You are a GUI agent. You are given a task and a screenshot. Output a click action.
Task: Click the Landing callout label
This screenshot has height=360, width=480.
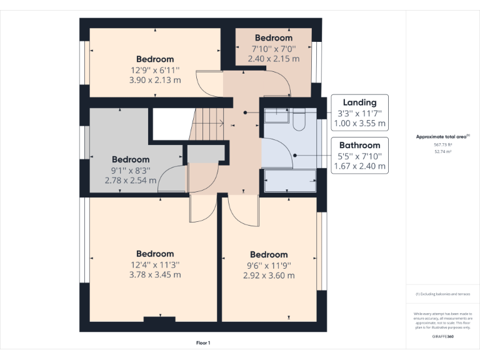click(359, 102)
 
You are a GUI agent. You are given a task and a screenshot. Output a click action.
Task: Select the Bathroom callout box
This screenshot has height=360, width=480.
click(359, 156)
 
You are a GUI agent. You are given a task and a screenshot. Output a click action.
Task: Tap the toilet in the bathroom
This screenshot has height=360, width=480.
click(298, 119)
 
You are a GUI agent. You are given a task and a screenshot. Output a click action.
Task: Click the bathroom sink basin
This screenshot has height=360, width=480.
click(275, 115)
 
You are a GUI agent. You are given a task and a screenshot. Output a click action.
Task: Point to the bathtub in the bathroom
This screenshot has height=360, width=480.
click(291, 181)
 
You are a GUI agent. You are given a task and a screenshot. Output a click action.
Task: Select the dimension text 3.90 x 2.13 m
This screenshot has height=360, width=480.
click(155, 80)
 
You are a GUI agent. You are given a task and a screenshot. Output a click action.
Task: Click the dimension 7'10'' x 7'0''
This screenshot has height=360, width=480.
click(273, 49)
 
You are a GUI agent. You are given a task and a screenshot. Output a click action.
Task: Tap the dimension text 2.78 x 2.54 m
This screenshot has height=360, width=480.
click(131, 180)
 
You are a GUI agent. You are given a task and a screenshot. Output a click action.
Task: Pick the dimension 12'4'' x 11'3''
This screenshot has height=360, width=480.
click(155, 264)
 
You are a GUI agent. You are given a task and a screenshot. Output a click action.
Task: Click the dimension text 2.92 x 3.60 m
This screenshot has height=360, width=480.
click(269, 275)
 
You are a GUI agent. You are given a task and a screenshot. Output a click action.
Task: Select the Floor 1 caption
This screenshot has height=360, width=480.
click(203, 343)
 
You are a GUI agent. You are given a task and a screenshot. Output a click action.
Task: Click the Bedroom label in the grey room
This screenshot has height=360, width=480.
click(131, 160)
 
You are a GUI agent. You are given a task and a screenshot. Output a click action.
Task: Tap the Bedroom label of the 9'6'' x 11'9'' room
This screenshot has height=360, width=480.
click(269, 254)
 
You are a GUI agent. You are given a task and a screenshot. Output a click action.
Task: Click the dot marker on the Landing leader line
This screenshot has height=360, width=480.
click(246, 112)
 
